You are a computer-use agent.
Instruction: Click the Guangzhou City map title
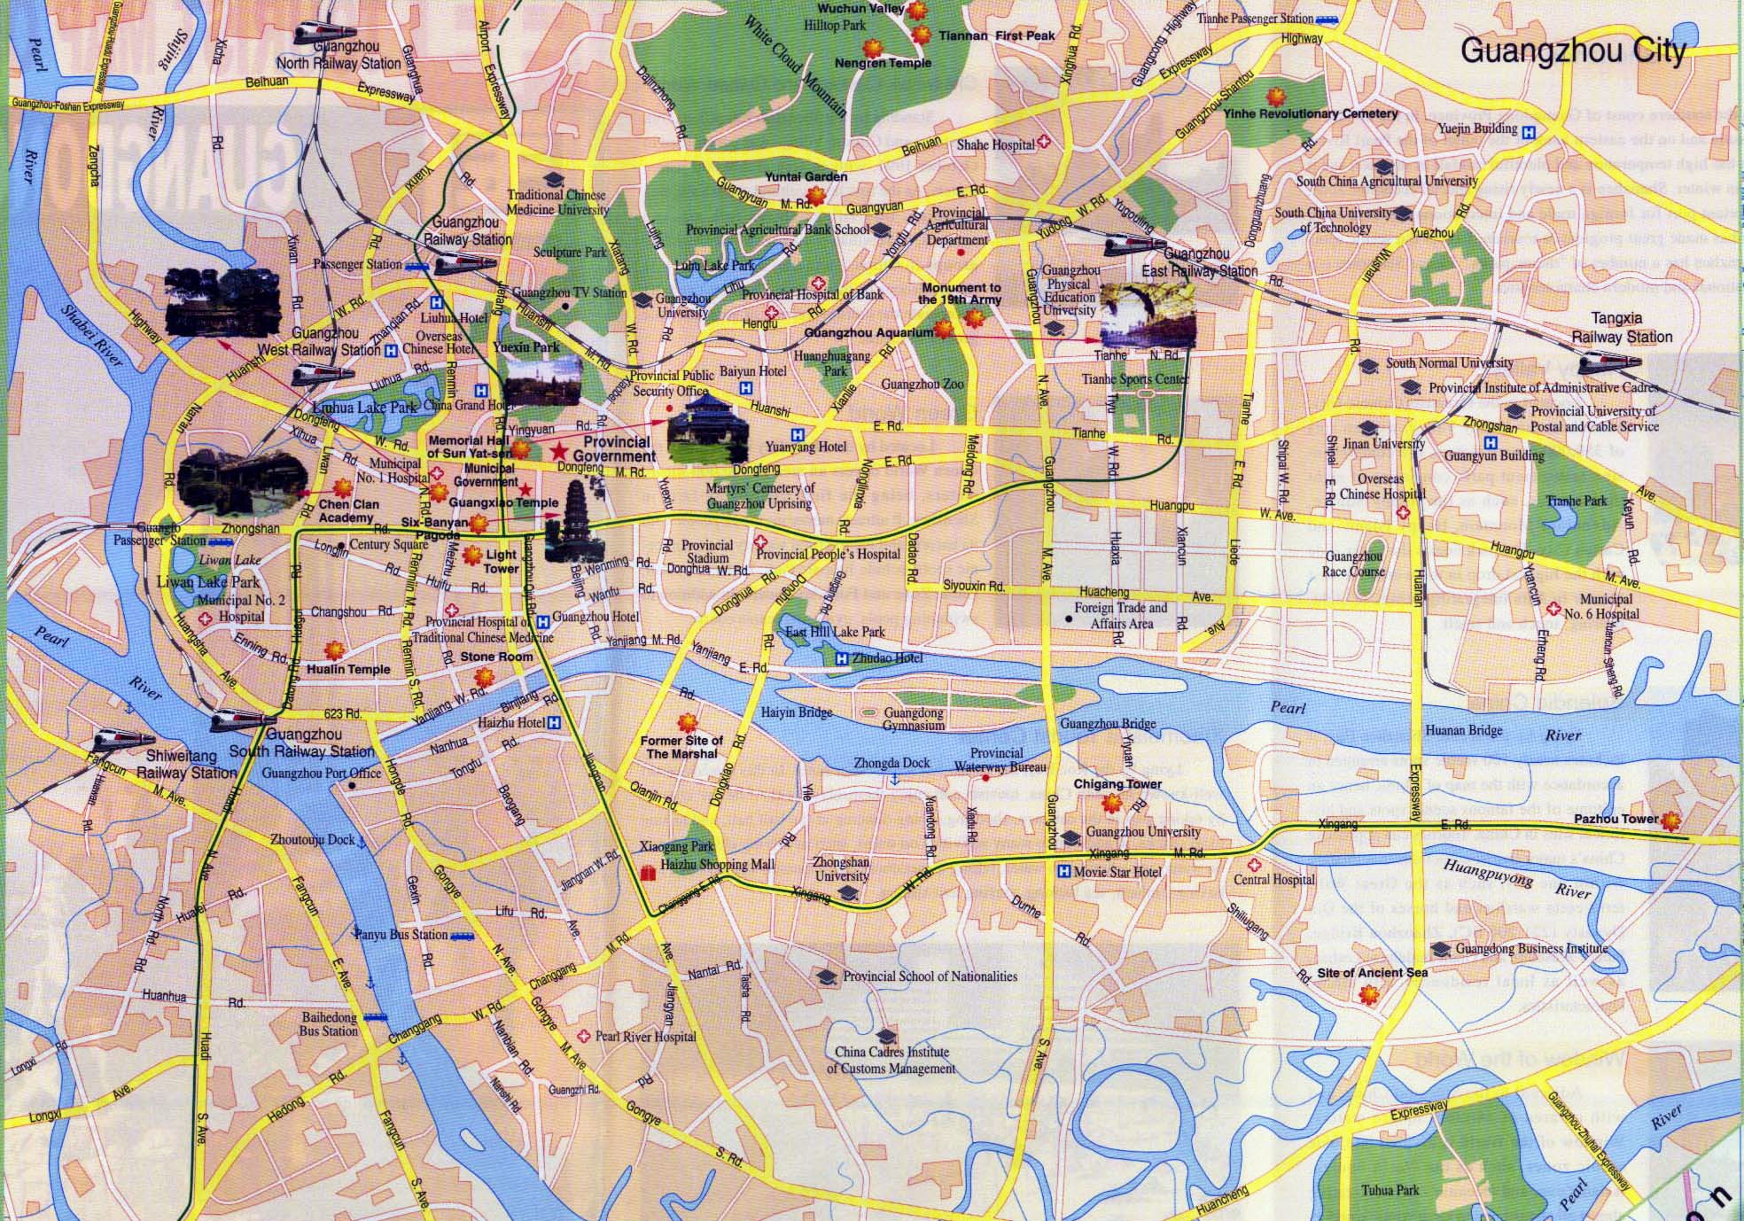pos(1573,51)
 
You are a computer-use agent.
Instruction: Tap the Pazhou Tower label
pos(1616,819)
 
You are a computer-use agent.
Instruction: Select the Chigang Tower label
pos(1117,784)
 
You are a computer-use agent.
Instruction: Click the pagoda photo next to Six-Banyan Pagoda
pos(566,524)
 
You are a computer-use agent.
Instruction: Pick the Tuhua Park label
pos(1390,1190)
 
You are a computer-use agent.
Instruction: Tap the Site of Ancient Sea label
pos(1372,973)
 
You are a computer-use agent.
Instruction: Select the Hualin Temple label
pos(348,669)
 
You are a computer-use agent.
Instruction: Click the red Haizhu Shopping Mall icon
pos(648,873)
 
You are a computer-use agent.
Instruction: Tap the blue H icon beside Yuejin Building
pos(1529,129)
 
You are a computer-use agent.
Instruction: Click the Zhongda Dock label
pos(891,763)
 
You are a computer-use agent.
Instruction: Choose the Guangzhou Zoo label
pos(923,385)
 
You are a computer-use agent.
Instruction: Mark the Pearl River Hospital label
pos(645,1036)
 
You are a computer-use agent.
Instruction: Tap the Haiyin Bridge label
pos(797,712)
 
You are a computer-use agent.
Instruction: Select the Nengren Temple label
pos(883,63)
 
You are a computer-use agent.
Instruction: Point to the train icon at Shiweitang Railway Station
pos(113,740)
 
